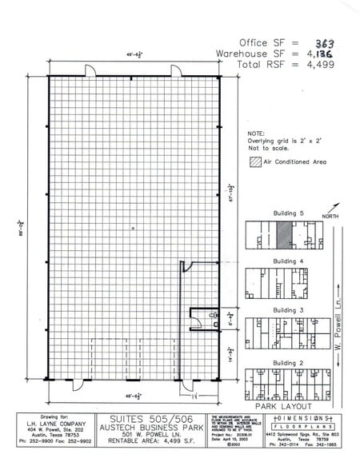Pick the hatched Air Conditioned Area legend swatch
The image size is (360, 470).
[254, 161]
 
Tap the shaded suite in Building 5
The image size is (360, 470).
[283, 236]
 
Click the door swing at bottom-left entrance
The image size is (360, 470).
[79, 384]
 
